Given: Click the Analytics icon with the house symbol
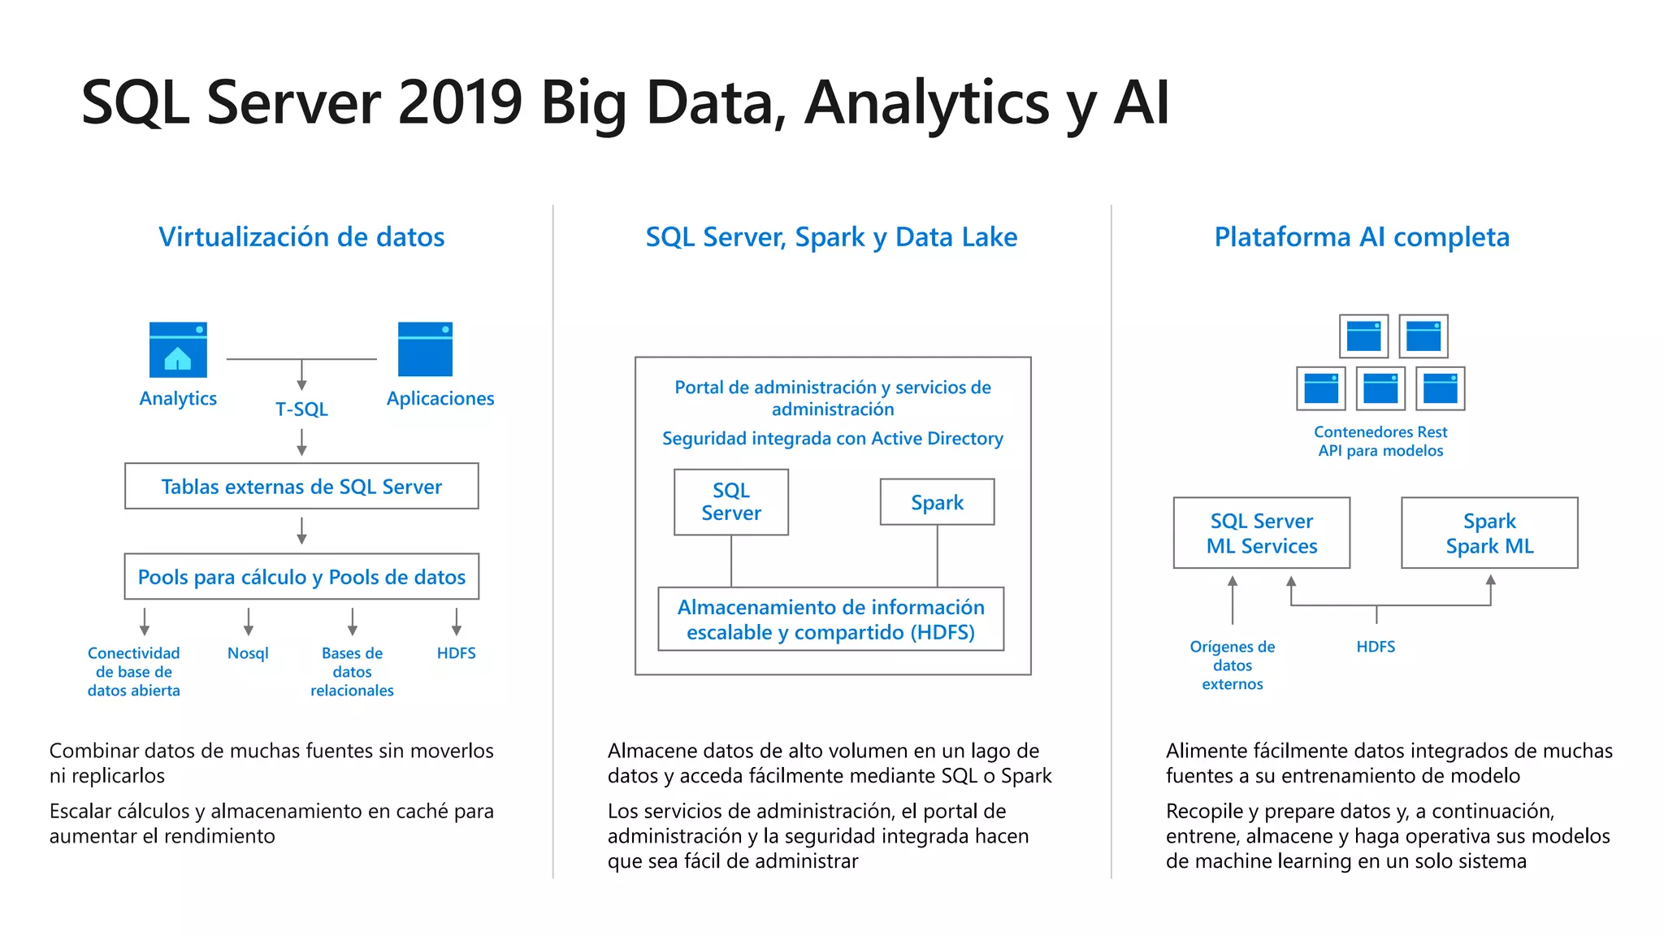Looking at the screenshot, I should (x=178, y=349).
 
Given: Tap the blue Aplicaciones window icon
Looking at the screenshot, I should (x=425, y=349).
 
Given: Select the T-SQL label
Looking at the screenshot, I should (x=301, y=409).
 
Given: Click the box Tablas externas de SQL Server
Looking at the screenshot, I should (x=301, y=486).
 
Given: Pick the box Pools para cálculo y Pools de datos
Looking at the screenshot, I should (x=301, y=577).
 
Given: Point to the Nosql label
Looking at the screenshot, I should (x=248, y=653).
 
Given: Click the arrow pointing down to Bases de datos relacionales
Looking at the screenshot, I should (x=352, y=622).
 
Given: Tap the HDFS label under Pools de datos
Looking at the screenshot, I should (x=456, y=653).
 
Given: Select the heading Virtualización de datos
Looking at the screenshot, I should (x=301, y=236).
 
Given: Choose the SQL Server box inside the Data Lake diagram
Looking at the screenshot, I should (x=730, y=502).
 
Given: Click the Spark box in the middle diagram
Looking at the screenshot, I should (x=937, y=502).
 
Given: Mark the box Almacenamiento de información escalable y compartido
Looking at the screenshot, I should (x=830, y=619).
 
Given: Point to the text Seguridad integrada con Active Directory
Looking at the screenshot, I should (x=832, y=439).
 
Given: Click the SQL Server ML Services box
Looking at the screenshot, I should (x=1261, y=533).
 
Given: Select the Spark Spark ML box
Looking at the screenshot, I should (x=1489, y=533).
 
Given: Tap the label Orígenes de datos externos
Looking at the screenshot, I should (x=1232, y=665).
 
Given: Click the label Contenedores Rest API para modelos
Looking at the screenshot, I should (x=1380, y=441).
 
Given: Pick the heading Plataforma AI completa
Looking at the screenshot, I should (x=1362, y=236).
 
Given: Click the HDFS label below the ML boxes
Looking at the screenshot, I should (x=1376, y=647).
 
